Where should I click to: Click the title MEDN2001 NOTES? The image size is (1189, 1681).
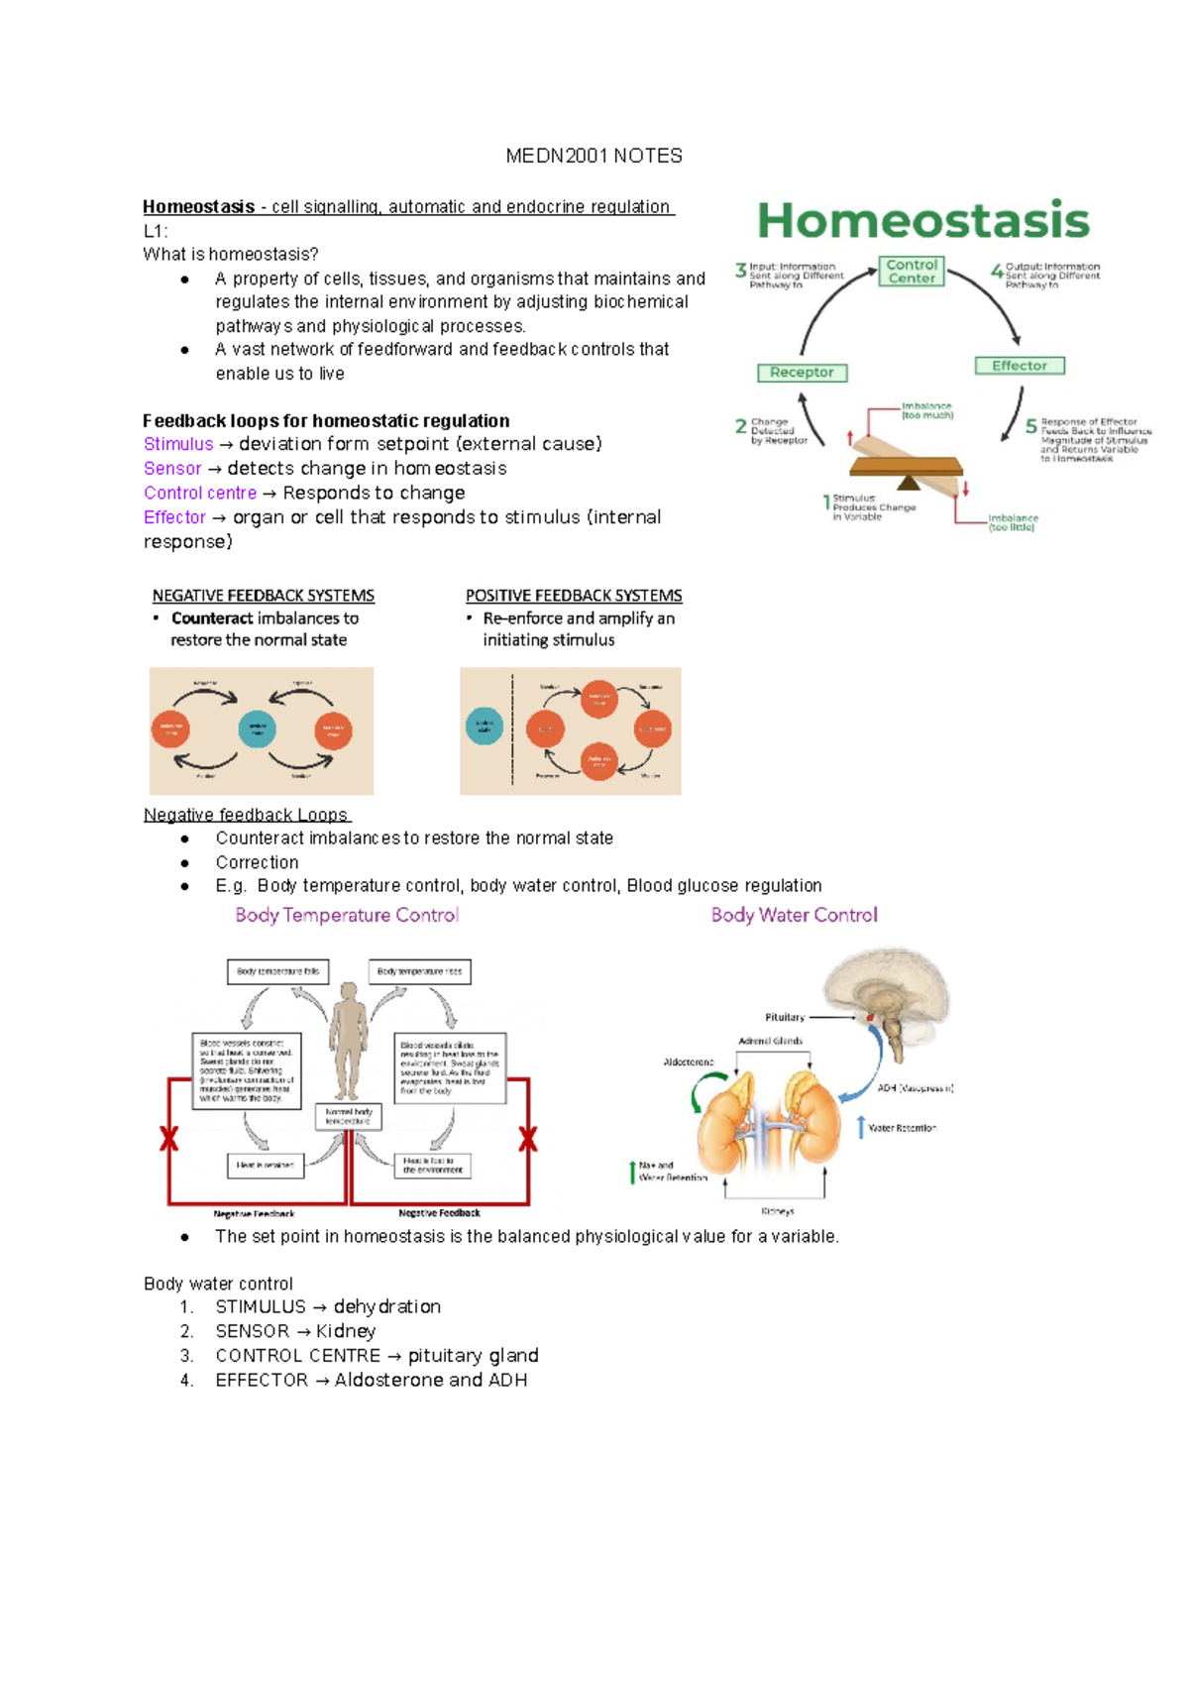click(594, 156)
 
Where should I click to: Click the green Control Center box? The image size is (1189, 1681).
click(912, 272)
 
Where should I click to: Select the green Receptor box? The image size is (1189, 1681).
click(802, 373)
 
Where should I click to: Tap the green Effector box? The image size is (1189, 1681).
click(1019, 366)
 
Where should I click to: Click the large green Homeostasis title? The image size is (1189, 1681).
click(923, 220)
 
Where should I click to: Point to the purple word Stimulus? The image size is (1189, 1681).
click(178, 444)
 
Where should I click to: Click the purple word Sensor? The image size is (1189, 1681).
click(172, 468)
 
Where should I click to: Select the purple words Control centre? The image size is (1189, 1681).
click(200, 493)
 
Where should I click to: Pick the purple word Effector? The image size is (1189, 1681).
click(174, 517)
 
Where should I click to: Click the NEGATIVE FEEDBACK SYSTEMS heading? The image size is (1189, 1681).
click(263, 596)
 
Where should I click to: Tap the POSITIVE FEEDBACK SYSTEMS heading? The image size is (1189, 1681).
click(574, 596)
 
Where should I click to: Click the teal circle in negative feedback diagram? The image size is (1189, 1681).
click(258, 729)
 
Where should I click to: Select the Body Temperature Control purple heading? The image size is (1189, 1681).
click(347, 915)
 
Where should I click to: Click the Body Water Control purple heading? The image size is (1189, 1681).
click(794, 915)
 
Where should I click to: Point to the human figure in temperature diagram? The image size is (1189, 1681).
click(348, 1041)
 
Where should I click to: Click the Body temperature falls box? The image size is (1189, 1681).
click(277, 971)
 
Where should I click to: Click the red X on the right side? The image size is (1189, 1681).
click(528, 1139)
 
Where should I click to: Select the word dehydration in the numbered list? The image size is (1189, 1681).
click(387, 1306)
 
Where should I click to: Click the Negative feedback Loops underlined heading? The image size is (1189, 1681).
click(246, 815)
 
